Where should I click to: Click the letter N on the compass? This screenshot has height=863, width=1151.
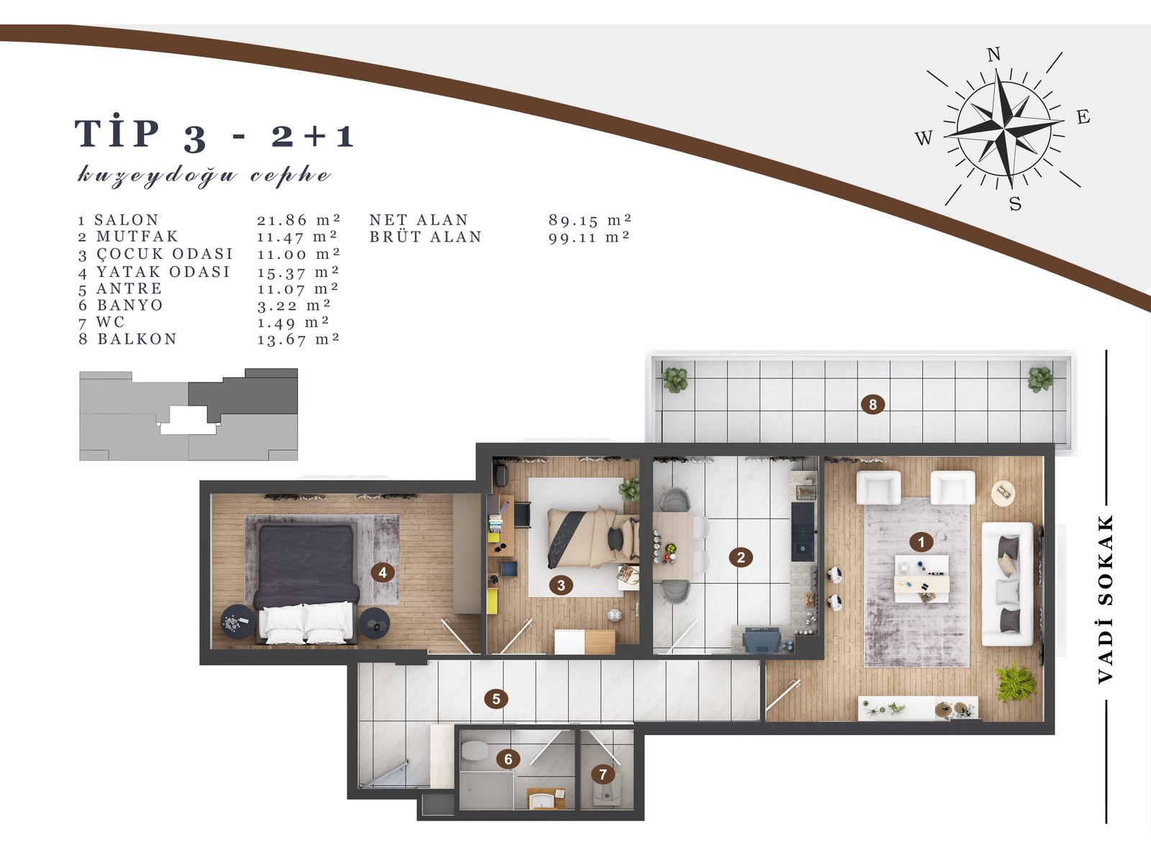pos(993,55)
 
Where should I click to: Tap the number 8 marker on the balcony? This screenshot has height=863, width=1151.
pos(873,404)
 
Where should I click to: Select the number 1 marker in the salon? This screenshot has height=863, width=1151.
pos(921,542)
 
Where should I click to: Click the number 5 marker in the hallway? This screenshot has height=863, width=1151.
pos(496,698)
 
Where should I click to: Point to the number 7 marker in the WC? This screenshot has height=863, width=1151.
pos(603,775)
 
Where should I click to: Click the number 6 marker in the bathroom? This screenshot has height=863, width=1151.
pos(508,759)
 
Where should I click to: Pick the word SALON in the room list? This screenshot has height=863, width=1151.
pos(127,220)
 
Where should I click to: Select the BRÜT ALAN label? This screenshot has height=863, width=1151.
pos(425,237)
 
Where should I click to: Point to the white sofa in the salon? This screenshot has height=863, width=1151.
pos(1008,583)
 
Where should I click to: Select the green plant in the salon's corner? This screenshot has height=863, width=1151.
pos(1016,682)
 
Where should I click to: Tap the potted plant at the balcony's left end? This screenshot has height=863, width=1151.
pos(675,379)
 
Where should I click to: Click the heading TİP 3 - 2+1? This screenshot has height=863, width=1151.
pos(214,135)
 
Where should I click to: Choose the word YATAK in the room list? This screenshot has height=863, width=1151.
pos(127,272)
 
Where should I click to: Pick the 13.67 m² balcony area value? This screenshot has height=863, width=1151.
pos(298,339)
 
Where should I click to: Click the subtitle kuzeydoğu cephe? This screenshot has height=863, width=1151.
pos(204,175)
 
